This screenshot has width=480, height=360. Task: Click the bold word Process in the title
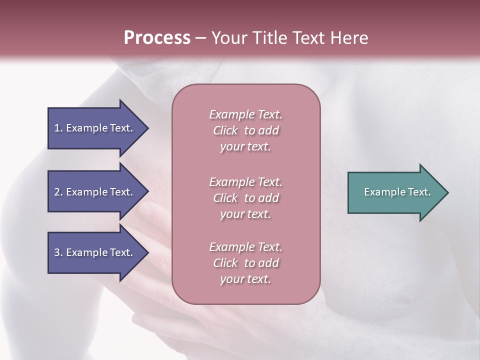[157, 38]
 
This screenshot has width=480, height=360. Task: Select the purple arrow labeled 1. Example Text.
[95, 128]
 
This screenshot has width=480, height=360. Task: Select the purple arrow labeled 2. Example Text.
[95, 192]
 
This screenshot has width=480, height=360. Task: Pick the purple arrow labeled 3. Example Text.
[95, 252]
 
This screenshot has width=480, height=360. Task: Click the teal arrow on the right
[395, 192]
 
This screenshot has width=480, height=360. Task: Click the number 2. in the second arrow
[58, 192]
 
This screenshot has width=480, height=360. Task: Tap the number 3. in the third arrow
[58, 252]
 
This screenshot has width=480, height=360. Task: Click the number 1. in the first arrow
[58, 128]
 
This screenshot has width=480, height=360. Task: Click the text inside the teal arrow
[397, 192]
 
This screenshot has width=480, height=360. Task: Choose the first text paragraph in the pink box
[246, 130]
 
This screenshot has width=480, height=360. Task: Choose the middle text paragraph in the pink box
[246, 198]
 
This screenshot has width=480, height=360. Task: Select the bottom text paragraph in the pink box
[246, 263]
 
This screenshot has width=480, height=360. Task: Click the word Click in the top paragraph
[225, 130]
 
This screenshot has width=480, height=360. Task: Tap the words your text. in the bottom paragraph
[245, 279]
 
